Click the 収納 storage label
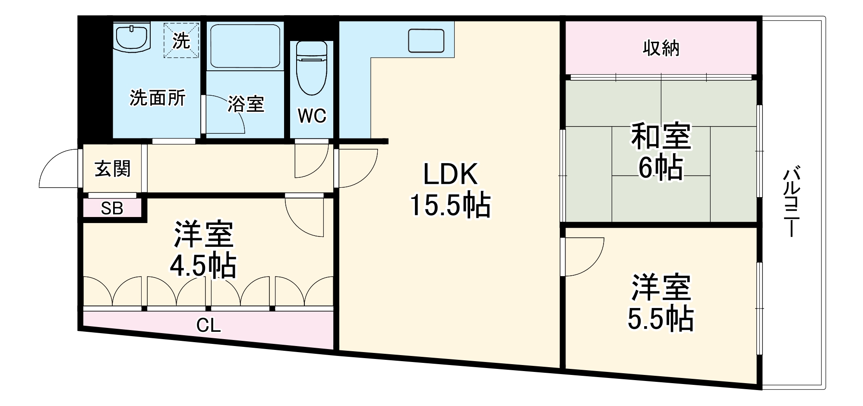pyautogui.click(x=661, y=48)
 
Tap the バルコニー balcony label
pyautogui.click(x=791, y=202)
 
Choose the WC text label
pyautogui.click(x=312, y=116)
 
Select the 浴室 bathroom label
pyautogui.click(x=246, y=104)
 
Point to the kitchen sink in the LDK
pyautogui.click(x=426, y=41)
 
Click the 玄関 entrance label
pyautogui.click(x=112, y=169)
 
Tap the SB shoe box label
pyautogui.click(x=112, y=209)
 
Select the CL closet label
pyautogui.click(x=209, y=325)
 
